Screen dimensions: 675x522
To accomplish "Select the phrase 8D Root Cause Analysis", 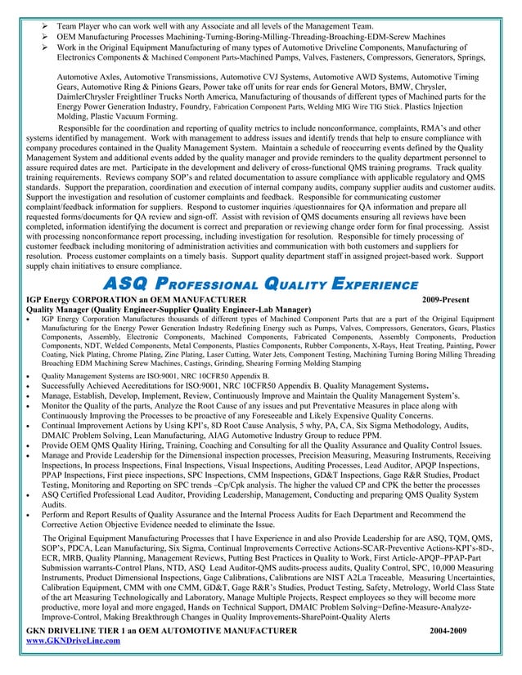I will [255, 424].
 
